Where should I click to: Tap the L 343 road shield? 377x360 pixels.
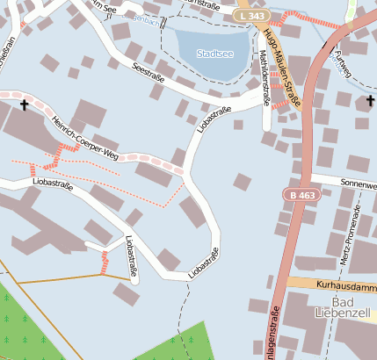(251, 16)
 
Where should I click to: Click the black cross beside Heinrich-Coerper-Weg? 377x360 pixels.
(24, 105)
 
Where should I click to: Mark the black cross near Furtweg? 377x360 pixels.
(370, 101)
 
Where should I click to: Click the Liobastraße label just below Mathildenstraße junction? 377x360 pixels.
(215, 121)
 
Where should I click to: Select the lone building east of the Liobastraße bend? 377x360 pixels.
(242, 182)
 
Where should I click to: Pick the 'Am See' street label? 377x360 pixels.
(104, 6)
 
